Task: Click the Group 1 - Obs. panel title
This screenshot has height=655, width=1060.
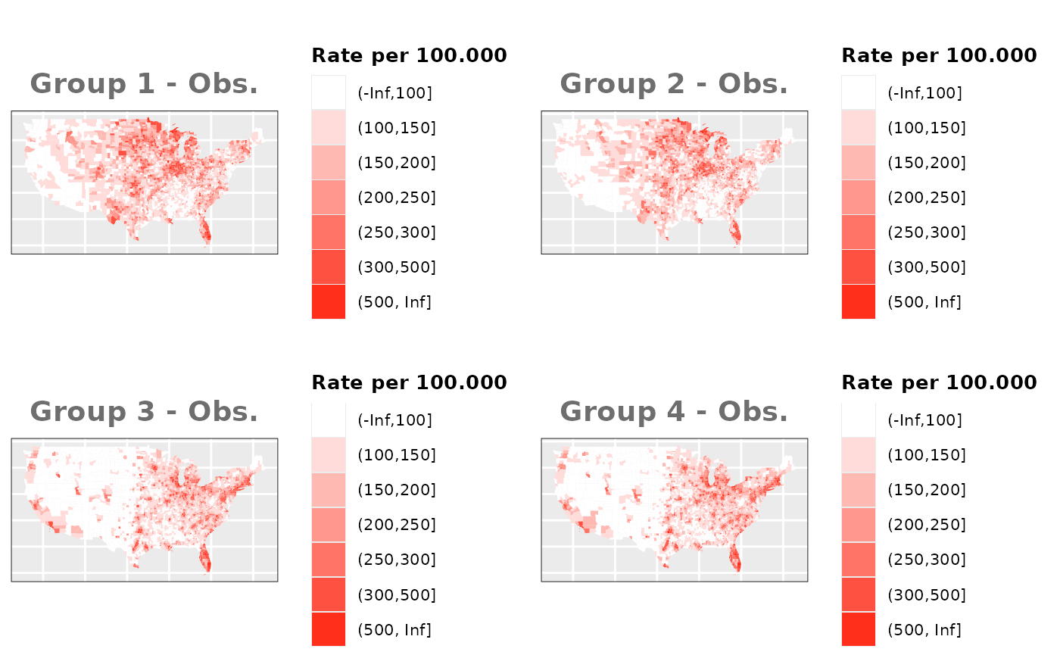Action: pyautogui.click(x=144, y=83)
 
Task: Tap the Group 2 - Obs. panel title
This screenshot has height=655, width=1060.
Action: pyautogui.click(x=674, y=83)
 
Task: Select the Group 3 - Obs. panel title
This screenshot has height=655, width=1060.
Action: pyautogui.click(x=144, y=411)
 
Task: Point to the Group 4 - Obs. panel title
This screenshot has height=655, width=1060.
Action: pyautogui.click(x=674, y=411)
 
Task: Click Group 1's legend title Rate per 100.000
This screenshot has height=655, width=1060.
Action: pyautogui.click(x=409, y=55)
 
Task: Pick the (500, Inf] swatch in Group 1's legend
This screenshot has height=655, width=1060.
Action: pyautogui.click(x=329, y=302)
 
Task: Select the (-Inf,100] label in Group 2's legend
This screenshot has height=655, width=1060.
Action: pyautogui.click(x=924, y=93)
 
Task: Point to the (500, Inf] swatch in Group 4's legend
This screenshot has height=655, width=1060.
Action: pyautogui.click(x=859, y=629)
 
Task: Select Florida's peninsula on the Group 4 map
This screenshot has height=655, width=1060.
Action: pyautogui.click(x=735, y=559)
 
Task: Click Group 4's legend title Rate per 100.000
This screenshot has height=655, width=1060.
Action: pyautogui.click(x=939, y=382)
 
